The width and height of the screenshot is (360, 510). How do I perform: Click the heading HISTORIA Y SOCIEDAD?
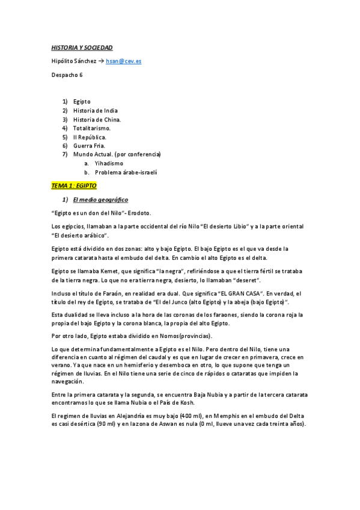(x=81, y=47)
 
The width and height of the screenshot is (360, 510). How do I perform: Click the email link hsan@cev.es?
(x=123, y=61)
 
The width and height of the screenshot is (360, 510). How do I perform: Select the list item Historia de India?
(x=95, y=111)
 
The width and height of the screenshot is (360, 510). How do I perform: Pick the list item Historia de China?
(x=96, y=120)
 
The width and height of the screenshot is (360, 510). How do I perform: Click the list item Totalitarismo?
(x=91, y=128)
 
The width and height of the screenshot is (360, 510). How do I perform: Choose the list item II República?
(x=90, y=137)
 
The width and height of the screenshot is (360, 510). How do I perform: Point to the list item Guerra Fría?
(x=89, y=146)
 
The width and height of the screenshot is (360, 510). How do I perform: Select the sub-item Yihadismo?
(x=109, y=163)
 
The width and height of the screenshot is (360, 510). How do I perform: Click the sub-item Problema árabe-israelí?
(x=126, y=172)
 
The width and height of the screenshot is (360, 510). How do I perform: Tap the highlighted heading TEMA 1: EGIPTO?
(x=74, y=186)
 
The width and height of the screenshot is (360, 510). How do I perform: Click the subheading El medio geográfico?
(x=100, y=199)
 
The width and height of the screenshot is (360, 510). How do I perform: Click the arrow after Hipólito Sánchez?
(x=100, y=61)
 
